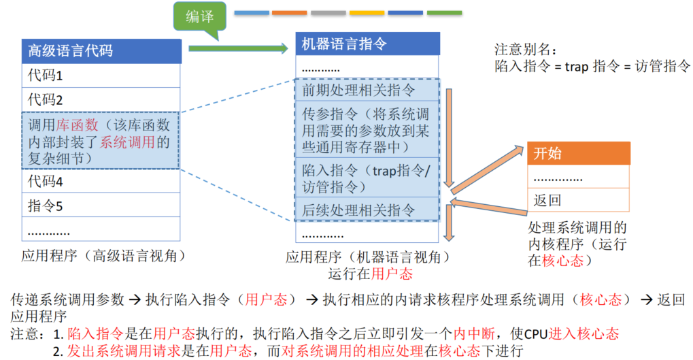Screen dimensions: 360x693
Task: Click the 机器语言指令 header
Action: [x=368, y=44]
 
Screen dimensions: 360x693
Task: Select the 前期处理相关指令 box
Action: [x=368, y=91]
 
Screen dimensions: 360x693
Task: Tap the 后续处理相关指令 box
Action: [x=368, y=210]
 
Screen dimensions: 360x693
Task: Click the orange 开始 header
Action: [x=579, y=153]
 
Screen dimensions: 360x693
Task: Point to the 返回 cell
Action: [x=579, y=201]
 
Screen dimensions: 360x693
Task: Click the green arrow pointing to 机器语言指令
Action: [x=238, y=48]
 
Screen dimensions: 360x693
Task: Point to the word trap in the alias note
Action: [x=577, y=66]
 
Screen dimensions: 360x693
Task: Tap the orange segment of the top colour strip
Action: [x=289, y=12]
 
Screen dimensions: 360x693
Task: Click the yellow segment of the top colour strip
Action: [x=367, y=12]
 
